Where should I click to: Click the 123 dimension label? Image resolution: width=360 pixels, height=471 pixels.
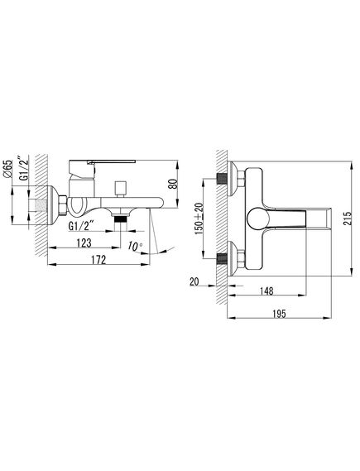(84, 243)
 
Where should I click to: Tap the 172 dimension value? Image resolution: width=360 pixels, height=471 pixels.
(98, 260)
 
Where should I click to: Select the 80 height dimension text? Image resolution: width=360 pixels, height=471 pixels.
(173, 184)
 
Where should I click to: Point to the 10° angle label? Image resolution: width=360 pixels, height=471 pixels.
(135, 247)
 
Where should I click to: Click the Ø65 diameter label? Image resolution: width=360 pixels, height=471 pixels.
(8, 169)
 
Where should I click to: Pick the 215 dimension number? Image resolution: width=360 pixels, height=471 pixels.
(348, 219)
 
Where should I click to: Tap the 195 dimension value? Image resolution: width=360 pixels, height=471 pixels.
(279, 314)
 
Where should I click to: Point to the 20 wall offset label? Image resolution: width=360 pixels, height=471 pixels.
(194, 281)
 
